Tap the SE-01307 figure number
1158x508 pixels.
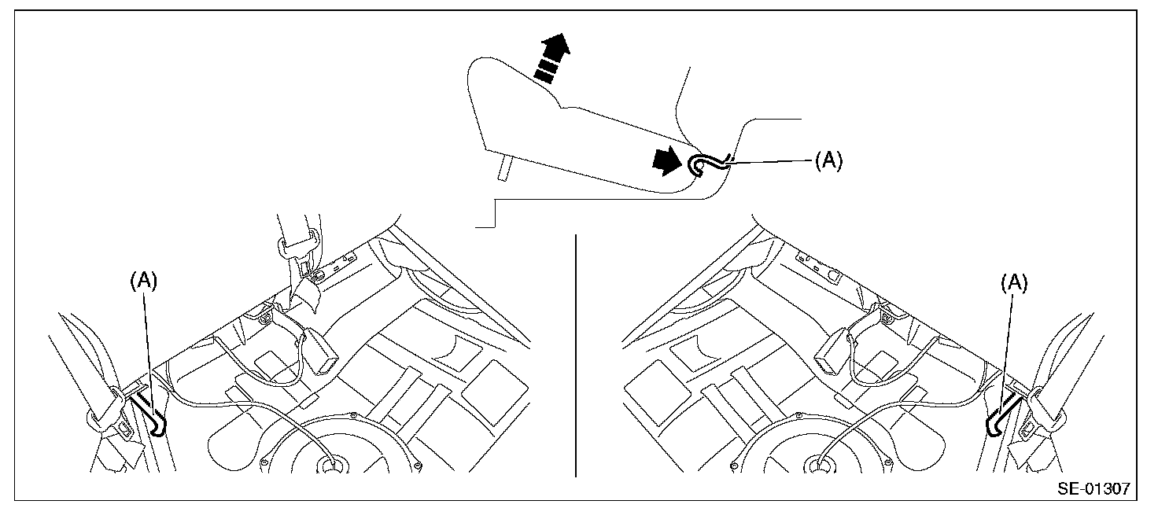pos(1093,488)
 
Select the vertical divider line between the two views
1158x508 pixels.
pos(577,354)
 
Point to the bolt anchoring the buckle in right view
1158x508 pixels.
pos(887,316)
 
